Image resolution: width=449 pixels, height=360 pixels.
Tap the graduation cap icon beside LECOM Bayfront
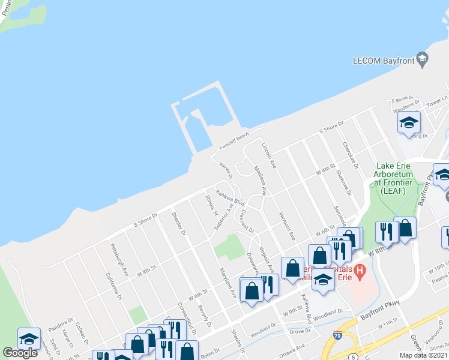(422, 58)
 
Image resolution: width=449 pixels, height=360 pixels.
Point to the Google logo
(20, 353)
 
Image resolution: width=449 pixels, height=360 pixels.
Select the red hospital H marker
(360, 272)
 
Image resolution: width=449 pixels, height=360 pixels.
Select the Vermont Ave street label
(286, 223)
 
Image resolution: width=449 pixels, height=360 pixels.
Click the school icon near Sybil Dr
(29, 338)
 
